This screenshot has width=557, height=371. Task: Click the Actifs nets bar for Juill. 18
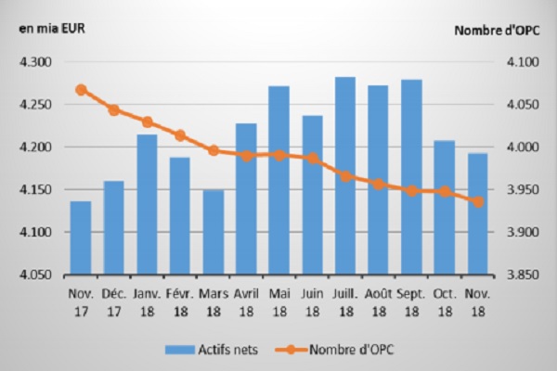(344, 176)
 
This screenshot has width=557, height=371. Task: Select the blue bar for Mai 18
(278, 181)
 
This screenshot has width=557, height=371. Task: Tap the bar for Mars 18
(213, 232)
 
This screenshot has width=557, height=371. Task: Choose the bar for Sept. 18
(410, 177)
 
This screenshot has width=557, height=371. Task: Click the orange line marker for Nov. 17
(81, 90)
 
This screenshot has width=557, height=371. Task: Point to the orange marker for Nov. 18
(477, 201)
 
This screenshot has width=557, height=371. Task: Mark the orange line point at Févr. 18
(180, 135)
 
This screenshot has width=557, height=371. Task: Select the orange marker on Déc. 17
(114, 109)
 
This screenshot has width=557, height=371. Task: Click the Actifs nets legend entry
(214, 350)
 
